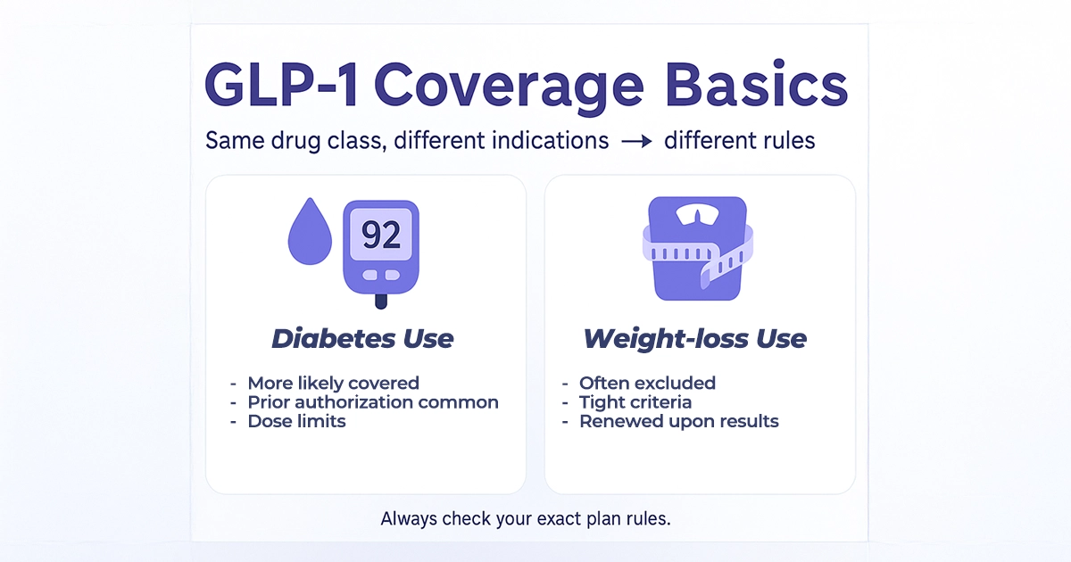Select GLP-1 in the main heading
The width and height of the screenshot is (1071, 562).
tap(281, 87)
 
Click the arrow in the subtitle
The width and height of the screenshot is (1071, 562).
tap(636, 141)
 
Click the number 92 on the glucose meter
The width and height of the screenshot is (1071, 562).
tap(381, 235)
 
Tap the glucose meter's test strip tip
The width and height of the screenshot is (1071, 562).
tap(381, 302)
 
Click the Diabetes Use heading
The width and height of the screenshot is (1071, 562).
tap(362, 339)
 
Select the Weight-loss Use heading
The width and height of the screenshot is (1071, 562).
tap(694, 339)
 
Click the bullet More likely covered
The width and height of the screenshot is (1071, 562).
tap(333, 383)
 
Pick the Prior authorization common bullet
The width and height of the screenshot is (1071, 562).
tap(372, 402)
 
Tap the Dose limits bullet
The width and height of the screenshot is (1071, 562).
tap(296, 421)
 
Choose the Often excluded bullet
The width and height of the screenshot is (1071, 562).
tap(647, 383)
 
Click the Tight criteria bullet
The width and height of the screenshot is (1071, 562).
tap(635, 402)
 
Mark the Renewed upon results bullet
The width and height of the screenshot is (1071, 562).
tap(678, 421)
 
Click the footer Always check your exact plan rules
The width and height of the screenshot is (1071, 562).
tap(525, 518)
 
